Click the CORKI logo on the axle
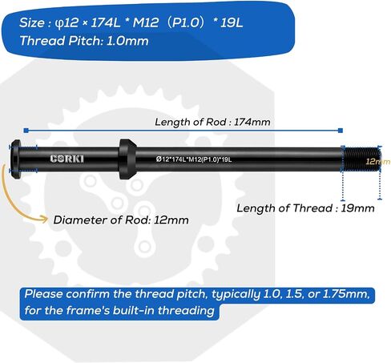point(67,159)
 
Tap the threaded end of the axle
point(362,159)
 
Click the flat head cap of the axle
point(16,159)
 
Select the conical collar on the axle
point(127,159)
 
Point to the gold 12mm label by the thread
point(378,161)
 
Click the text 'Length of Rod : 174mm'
point(212,122)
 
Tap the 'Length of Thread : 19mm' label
point(305,208)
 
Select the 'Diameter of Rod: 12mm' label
point(121,220)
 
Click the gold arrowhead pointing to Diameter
point(44,220)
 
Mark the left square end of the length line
point(26,131)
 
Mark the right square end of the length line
point(341,131)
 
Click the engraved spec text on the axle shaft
point(194,159)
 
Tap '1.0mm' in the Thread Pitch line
point(127,41)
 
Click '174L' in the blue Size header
point(106,22)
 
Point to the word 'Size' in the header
point(31,22)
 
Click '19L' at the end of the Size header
point(232,22)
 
